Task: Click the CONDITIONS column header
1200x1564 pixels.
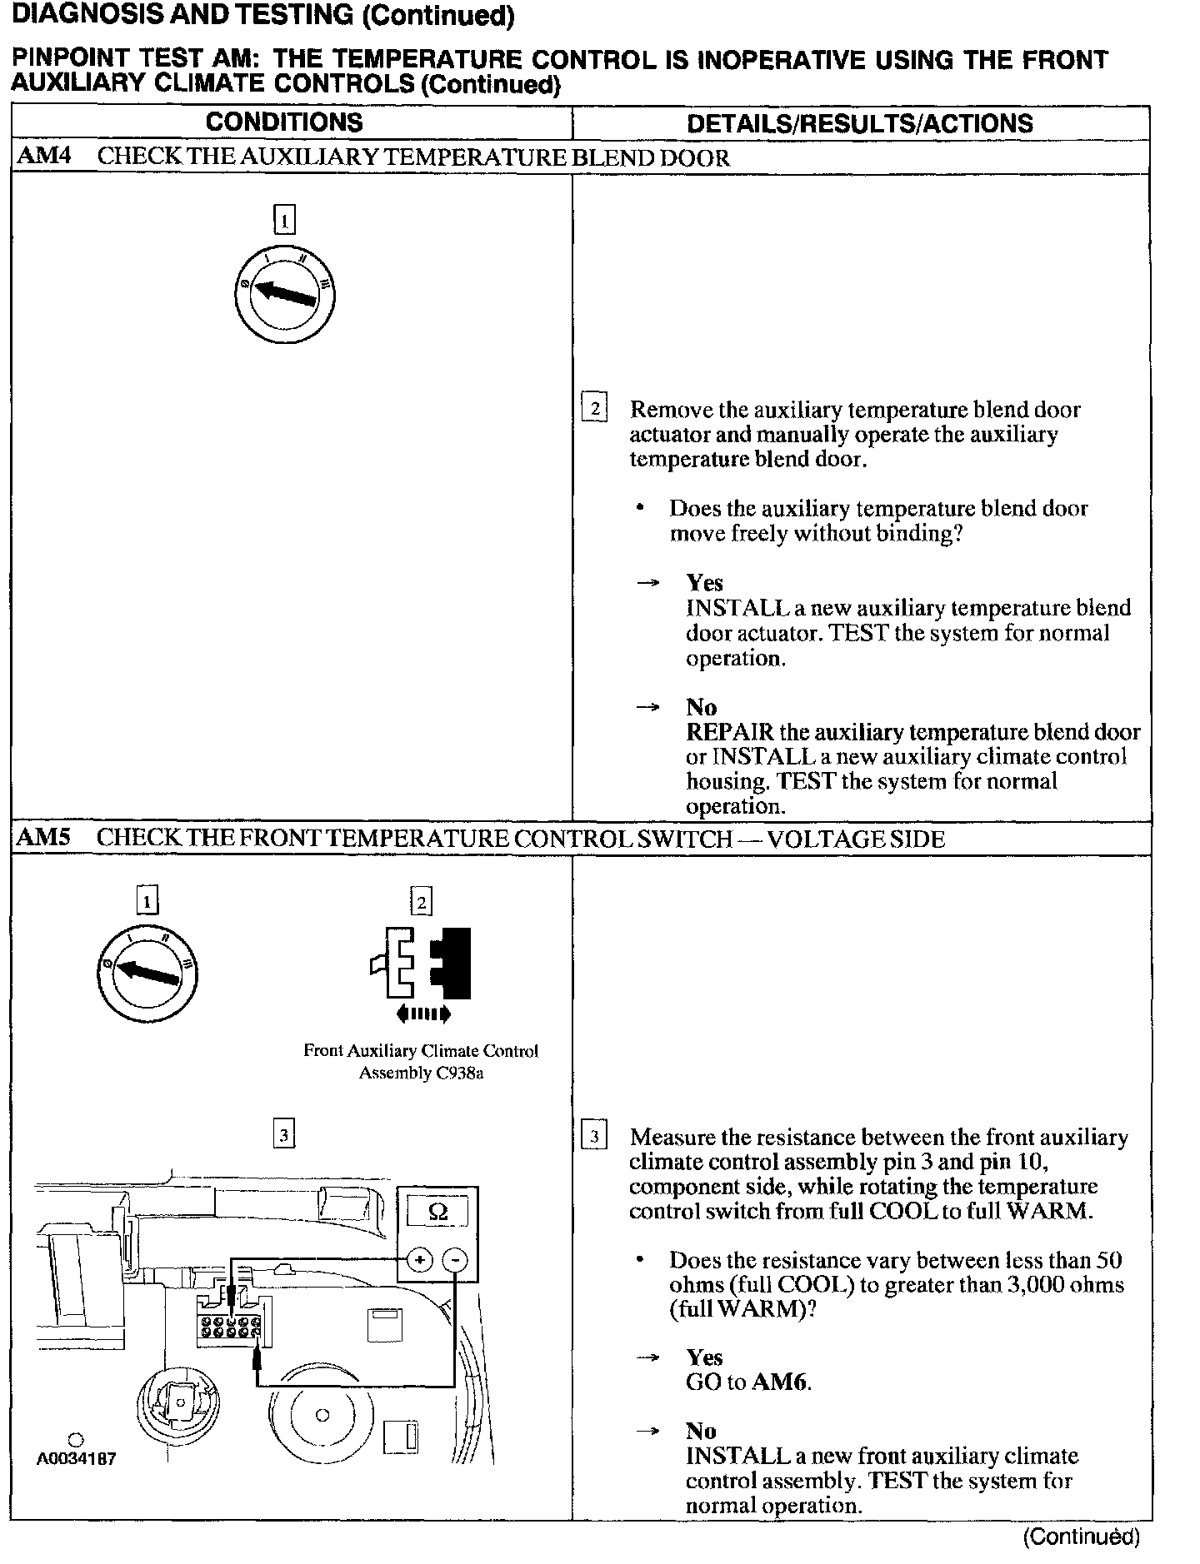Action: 284,122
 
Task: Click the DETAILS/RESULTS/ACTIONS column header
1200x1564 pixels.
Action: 859,123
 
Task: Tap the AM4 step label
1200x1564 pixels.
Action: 43,157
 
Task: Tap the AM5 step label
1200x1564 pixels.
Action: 43,838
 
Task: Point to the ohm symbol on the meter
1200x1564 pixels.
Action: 437,1213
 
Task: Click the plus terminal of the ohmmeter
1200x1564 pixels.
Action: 419,1260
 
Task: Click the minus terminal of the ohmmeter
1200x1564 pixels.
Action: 455,1260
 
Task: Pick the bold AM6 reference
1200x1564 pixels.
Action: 780,1382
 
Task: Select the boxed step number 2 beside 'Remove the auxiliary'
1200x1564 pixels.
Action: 594,408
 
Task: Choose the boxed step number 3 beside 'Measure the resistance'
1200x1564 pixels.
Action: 593,1136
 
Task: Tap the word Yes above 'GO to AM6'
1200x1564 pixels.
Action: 704,1357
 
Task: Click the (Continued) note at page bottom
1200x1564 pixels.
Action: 1081,1537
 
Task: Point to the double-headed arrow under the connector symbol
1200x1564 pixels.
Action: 424,1014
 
